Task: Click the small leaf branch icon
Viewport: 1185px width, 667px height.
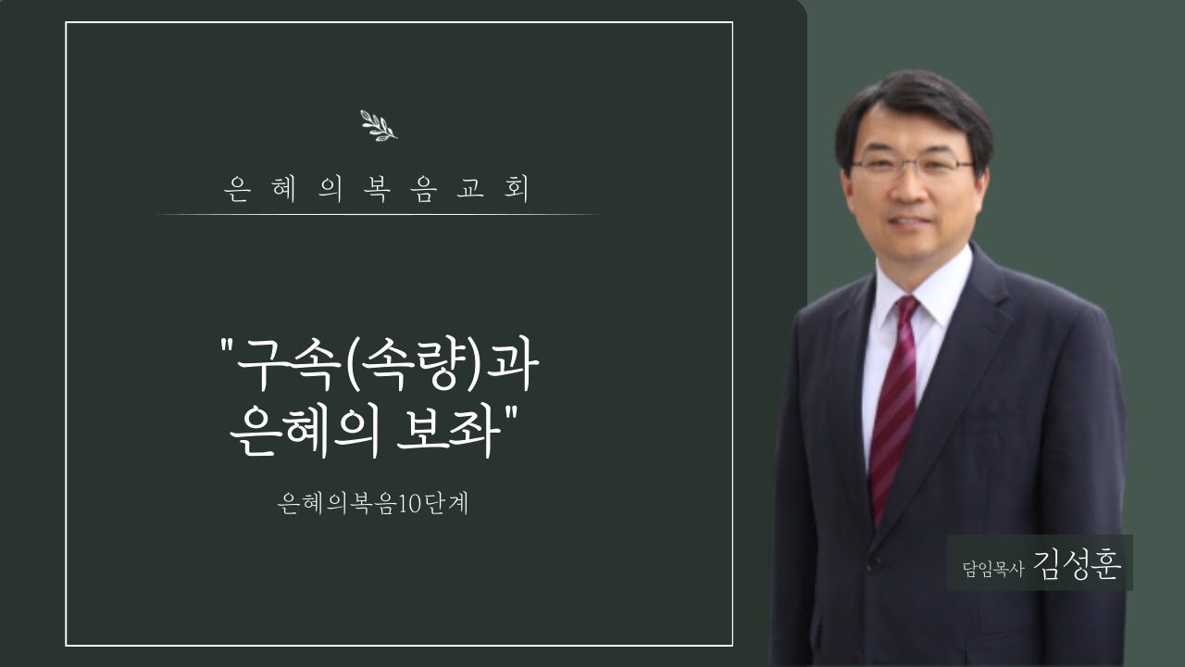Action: click(x=378, y=125)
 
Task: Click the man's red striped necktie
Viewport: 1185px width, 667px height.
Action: click(x=894, y=408)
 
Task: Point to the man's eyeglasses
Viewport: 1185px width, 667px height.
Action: click(x=911, y=167)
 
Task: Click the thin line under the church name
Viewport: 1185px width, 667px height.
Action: click(x=378, y=215)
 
